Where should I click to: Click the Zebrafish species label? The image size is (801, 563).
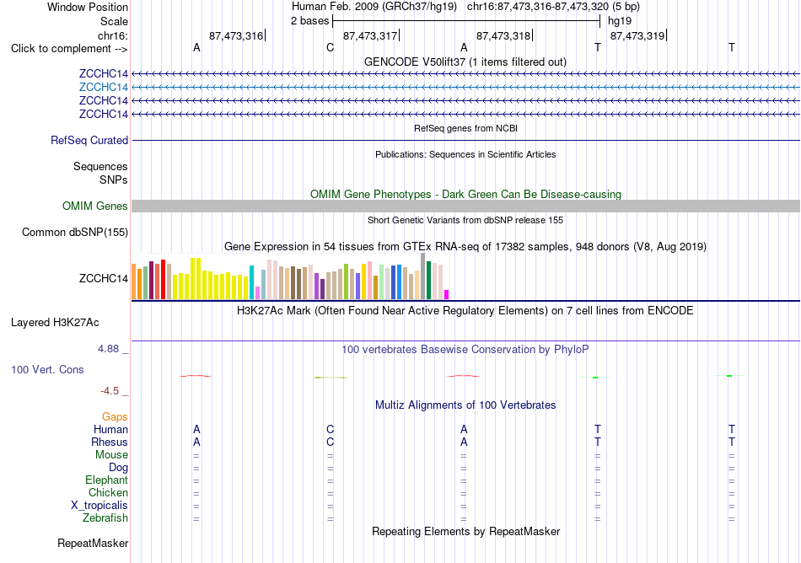pyautogui.click(x=105, y=518)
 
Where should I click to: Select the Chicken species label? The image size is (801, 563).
pyautogui.click(x=108, y=492)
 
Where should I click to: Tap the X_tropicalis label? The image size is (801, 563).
pyautogui.click(x=99, y=506)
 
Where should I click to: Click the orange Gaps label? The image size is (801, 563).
pyautogui.click(x=115, y=417)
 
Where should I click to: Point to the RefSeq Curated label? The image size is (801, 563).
pyautogui.click(x=89, y=141)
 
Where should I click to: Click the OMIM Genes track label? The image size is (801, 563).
pyautogui.click(x=95, y=206)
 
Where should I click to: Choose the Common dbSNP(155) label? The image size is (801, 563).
pyautogui.click(x=75, y=233)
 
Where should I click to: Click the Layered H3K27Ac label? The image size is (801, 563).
pyautogui.click(x=55, y=323)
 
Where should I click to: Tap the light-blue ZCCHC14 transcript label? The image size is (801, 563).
pyautogui.click(x=104, y=88)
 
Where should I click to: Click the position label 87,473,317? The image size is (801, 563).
pyautogui.click(x=370, y=35)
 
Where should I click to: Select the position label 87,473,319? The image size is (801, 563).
pyautogui.click(x=637, y=35)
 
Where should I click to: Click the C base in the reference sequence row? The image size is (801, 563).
pyautogui.click(x=330, y=48)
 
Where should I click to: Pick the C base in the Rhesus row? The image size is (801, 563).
pyautogui.click(x=330, y=442)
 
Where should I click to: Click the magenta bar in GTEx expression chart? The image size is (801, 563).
pyautogui.click(x=447, y=294)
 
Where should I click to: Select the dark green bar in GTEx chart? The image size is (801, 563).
pyautogui.click(x=428, y=280)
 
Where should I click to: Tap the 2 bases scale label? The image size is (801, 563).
pyautogui.click(x=310, y=21)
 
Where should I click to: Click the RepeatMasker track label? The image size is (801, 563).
pyautogui.click(x=93, y=543)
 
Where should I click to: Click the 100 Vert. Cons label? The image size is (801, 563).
pyautogui.click(x=47, y=369)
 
